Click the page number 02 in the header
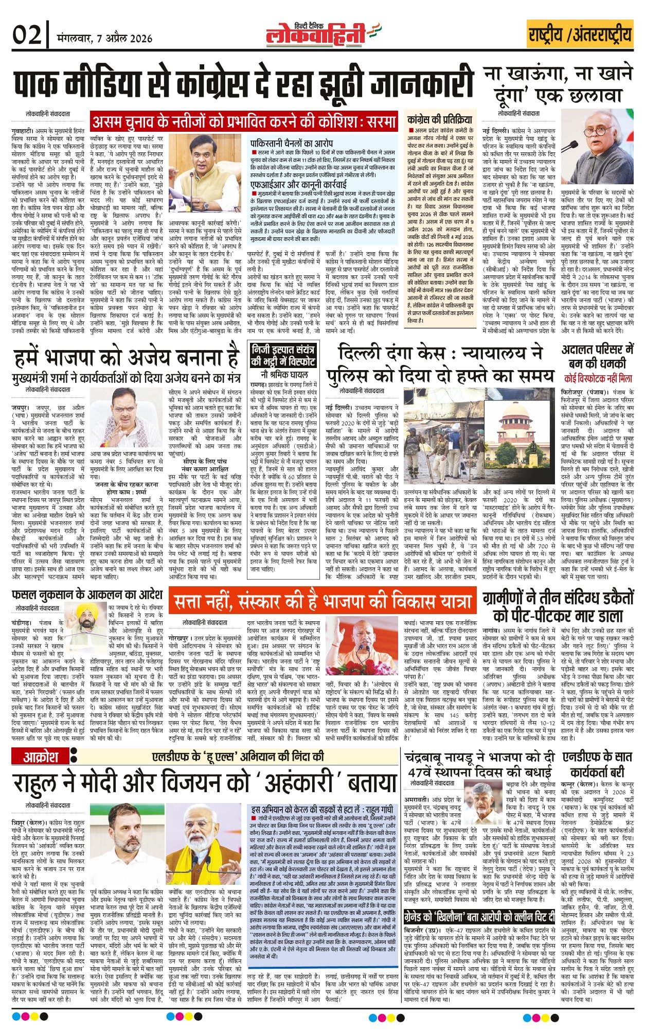(x=26, y=37)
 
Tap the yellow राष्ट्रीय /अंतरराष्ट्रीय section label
(x=580, y=35)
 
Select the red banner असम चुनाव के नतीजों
(x=244, y=121)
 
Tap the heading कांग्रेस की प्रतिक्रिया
(x=439, y=118)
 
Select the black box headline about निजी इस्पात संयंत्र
(x=283, y=355)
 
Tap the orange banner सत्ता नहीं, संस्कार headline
(x=322, y=601)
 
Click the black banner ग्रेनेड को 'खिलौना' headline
(x=479, y=917)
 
